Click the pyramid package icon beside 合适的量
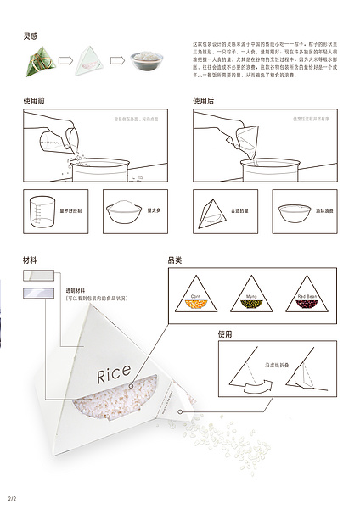click(211, 209)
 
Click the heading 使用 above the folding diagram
click(224, 334)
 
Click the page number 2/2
click(12, 497)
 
